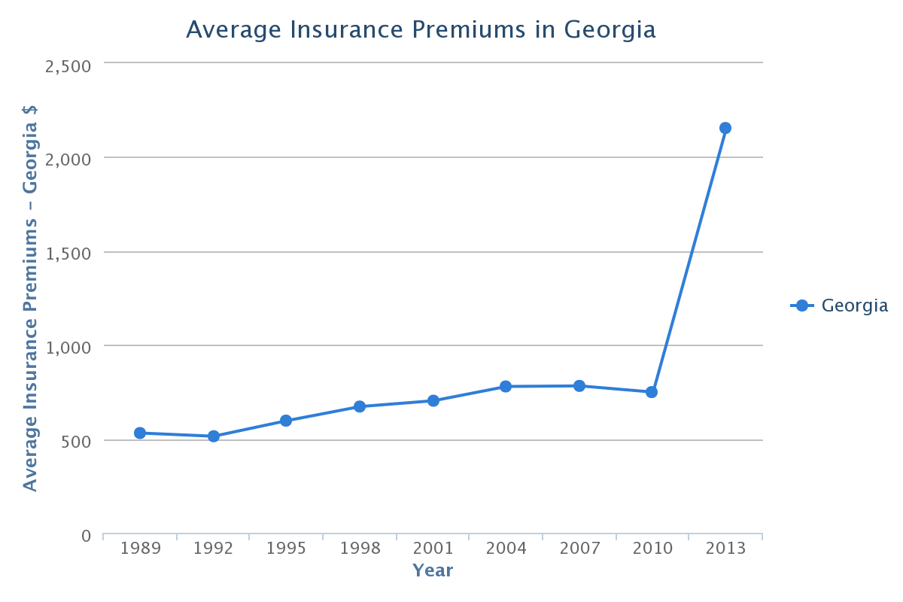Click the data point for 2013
tap(725, 128)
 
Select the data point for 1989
tap(140, 433)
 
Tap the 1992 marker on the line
tap(214, 436)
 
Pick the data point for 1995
tap(286, 421)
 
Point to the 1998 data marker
tap(360, 406)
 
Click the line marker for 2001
tap(433, 400)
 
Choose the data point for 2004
tap(506, 387)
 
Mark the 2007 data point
tap(579, 386)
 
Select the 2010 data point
tap(652, 392)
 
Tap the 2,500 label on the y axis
tap(68, 65)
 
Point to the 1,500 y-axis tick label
tap(68, 254)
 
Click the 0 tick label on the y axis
tap(85, 536)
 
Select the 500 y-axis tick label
tap(75, 442)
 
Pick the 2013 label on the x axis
tap(725, 548)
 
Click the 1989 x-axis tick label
tap(140, 548)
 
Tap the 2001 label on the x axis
tap(433, 548)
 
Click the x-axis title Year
tap(433, 570)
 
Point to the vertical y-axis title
tap(30, 297)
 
